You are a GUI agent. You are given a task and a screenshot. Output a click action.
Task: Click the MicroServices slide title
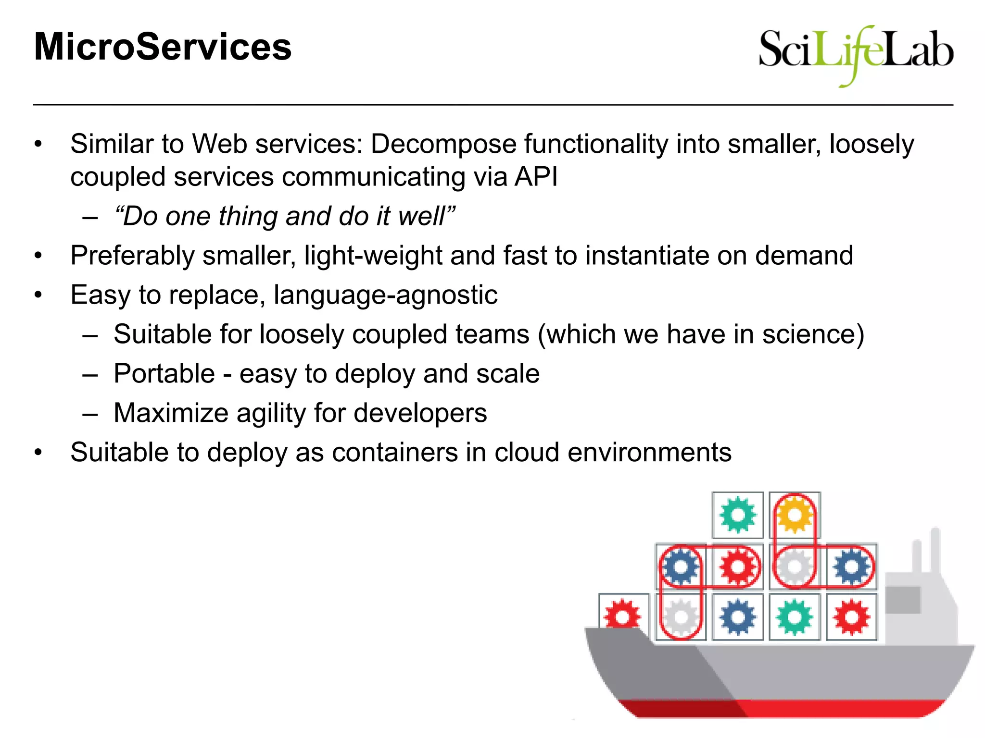[163, 47]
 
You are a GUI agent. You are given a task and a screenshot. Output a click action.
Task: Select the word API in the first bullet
[536, 177]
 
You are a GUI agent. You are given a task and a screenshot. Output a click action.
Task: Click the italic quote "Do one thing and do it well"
[284, 216]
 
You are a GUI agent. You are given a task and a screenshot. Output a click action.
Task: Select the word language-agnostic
[385, 295]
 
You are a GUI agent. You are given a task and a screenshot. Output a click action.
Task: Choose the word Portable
[164, 374]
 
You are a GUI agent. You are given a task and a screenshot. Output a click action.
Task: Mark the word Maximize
[171, 413]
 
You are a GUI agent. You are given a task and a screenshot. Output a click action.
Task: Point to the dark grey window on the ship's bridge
[903, 600]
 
